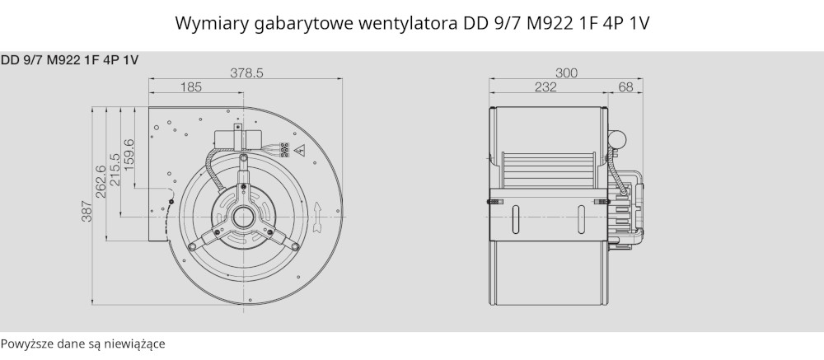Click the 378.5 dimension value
tap(246, 73)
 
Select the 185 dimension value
tap(191, 86)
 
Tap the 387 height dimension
tap(87, 211)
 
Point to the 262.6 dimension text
tap(101, 181)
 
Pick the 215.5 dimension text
tap(115, 170)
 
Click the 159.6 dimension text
tap(129, 155)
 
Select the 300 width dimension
tap(566, 73)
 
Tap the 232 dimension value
tap(545, 86)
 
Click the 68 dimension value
tap(625, 86)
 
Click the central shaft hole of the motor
tap(243, 217)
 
